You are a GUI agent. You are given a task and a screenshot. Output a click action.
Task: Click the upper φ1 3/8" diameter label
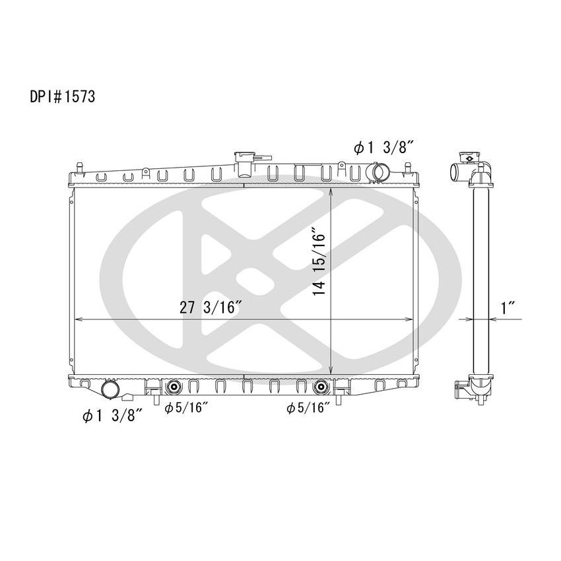point(383,148)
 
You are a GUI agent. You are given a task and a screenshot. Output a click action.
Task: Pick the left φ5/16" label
point(186,408)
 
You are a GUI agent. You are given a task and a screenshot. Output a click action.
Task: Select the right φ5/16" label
point(308,408)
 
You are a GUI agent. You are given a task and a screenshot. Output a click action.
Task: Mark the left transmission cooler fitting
point(174,387)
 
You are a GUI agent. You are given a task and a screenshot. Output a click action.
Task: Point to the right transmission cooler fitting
point(321,387)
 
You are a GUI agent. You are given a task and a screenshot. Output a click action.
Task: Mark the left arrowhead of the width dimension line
point(78,319)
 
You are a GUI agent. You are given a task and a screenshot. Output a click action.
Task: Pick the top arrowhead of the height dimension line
point(330,192)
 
